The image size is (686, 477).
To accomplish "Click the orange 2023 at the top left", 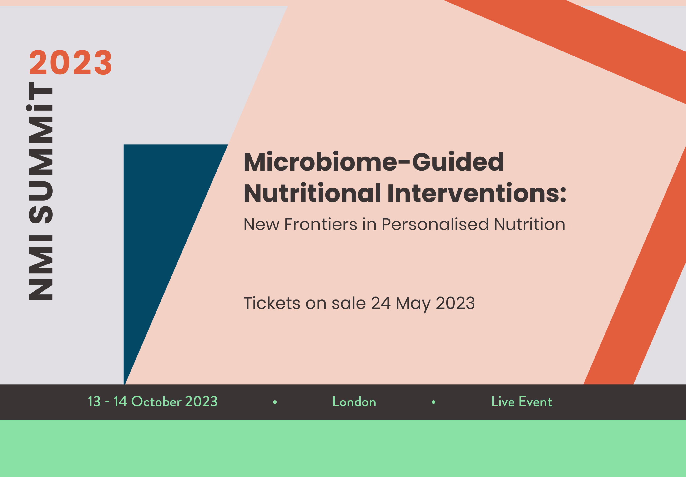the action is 71,62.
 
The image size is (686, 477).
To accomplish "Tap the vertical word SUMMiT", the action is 41,153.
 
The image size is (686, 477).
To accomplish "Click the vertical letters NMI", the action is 41,268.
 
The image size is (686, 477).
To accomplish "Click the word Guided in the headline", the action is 458,162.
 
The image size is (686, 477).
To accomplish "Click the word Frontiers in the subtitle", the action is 321,224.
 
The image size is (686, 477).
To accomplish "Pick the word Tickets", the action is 272,303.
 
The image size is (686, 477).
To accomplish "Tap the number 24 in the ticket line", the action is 381,303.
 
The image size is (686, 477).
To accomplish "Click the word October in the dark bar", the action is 156,401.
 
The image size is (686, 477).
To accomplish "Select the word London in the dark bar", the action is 354,401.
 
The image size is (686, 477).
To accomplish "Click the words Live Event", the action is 522,401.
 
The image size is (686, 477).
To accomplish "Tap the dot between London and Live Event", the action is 434,402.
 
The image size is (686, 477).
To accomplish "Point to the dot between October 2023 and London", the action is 275,402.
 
